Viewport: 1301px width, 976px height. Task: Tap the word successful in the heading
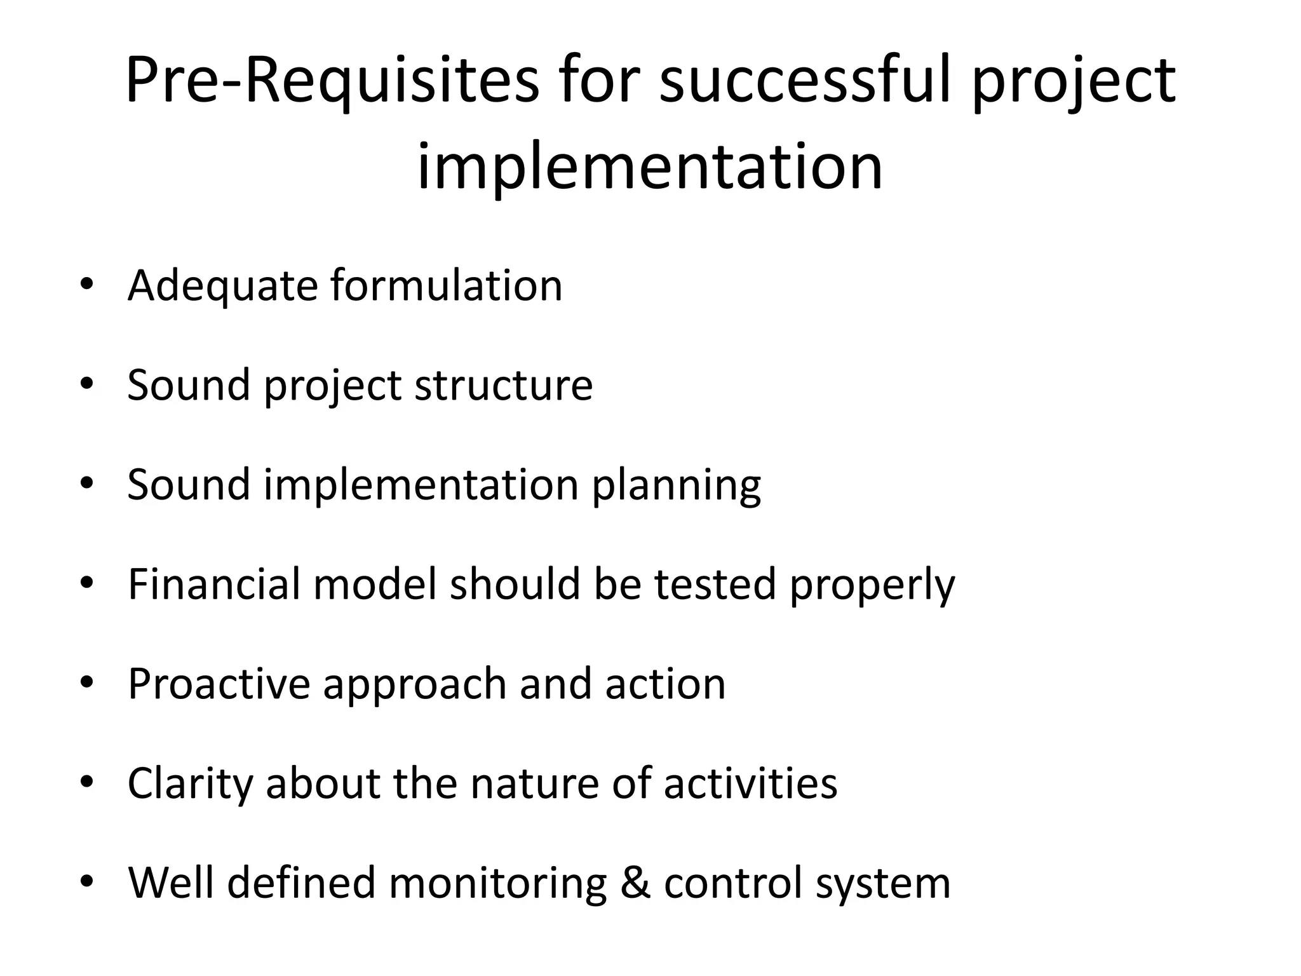806,81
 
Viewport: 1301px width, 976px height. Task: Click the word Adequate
222,287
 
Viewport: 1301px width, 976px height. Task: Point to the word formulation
446,285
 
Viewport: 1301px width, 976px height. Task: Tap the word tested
715,584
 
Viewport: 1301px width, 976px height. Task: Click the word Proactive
219,684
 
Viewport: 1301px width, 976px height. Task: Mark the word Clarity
190,783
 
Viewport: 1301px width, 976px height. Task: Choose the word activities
750,783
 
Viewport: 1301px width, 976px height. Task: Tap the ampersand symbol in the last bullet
636,883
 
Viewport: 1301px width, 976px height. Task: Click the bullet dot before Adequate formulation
87,283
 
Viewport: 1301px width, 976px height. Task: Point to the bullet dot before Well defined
87,881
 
